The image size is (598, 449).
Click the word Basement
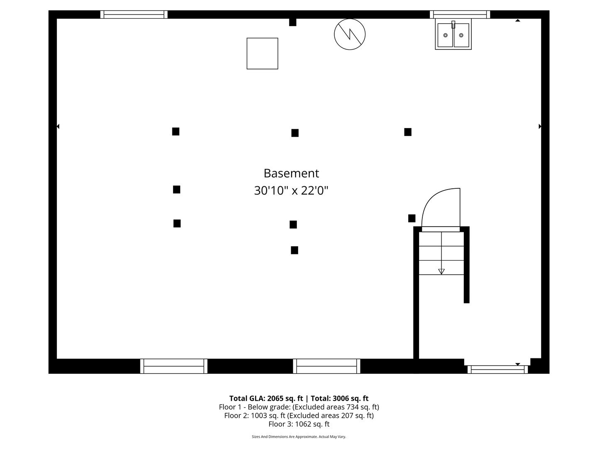point(291,173)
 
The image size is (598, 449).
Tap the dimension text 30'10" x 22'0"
point(291,191)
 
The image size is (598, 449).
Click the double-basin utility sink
point(453,35)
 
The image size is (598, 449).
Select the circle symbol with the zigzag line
point(350,34)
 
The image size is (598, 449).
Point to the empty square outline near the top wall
point(262,54)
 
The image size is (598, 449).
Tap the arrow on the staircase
point(441,271)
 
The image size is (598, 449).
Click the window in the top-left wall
point(134,15)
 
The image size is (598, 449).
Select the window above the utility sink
point(460,15)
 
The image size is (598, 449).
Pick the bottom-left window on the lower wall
point(174,366)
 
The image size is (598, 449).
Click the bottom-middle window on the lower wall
point(326,366)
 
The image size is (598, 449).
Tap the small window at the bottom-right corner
point(498,369)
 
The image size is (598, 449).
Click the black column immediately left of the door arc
point(412,218)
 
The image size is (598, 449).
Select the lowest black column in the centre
point(294,250)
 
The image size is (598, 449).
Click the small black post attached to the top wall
point(293,22)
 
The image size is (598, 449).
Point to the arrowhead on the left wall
point(58,126)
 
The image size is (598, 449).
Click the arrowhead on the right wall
point(540,126)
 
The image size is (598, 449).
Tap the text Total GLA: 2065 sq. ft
point(266,398)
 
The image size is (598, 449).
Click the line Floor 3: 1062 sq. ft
point(299,424)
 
